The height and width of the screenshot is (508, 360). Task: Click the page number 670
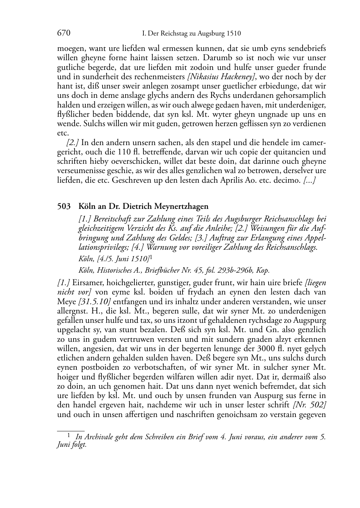63,33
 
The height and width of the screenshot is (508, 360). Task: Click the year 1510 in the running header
233,34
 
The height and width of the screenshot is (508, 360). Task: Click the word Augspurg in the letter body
311,320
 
